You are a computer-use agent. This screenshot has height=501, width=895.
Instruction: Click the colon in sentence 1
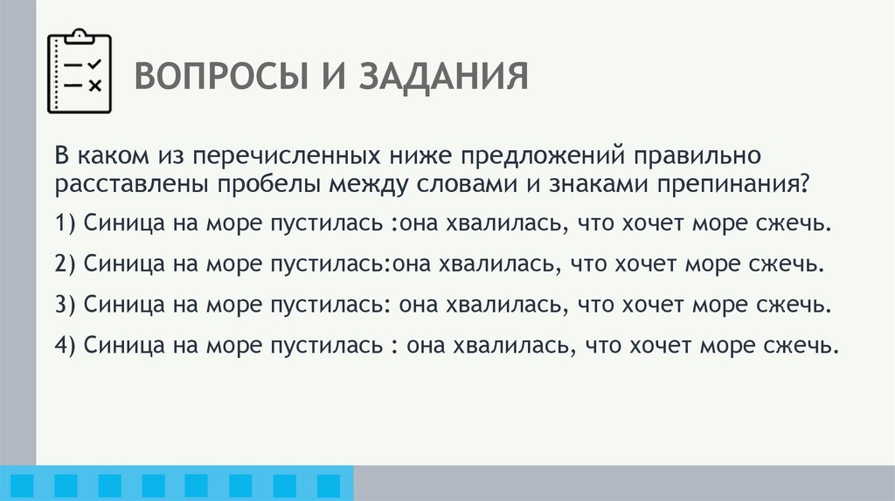point(395,224)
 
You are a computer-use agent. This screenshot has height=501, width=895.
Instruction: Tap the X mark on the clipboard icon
point(95,85)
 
